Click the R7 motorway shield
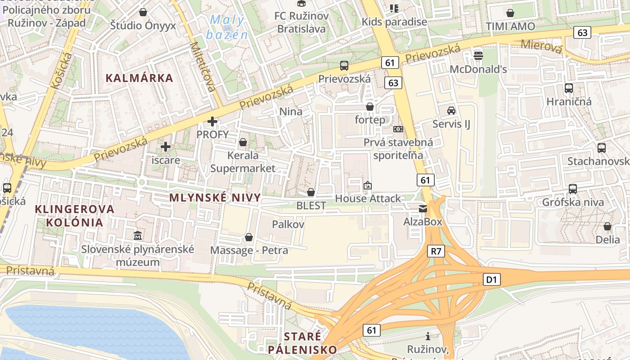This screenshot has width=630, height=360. click(x=436, y=251)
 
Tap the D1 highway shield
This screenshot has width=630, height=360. click(x=491, y=280)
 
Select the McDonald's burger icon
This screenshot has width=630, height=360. click(x=478, y=56)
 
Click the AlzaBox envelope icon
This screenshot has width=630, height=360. click(x=423, y=208)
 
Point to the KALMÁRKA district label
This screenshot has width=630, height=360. click(x=139, y=78)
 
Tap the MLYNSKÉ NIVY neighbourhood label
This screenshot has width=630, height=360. click(x=215, y=198)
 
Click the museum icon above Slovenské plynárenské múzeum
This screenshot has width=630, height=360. click(x=138, y=235)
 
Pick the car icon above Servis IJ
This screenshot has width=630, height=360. click(x=451, y=110)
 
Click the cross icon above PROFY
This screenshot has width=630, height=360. click(x=212, y=121)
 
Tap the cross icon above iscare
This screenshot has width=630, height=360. click(x=166, y=146)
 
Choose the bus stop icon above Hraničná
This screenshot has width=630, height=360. click(x=569, y=88)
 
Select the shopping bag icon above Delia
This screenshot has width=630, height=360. click(x=607, y=226)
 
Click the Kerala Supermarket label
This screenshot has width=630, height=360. click(x=243, y=162)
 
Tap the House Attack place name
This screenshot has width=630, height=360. click(x=368, y=198)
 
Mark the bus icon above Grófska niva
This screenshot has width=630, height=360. click(x=573, y=189)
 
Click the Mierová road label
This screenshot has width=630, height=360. click(x=542, y=46)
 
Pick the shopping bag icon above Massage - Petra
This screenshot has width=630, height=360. click(x=249, y=237)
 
